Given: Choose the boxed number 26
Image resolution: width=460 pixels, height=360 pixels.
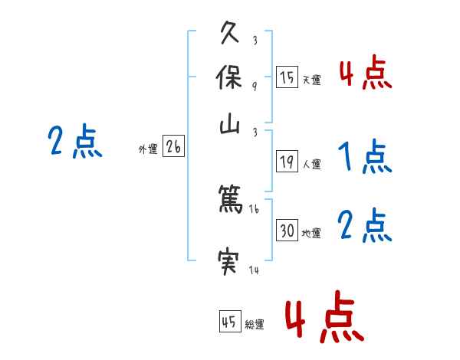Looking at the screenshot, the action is [x=173, y=147].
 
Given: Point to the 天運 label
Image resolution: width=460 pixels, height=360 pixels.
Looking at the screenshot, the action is [x=311, y=80].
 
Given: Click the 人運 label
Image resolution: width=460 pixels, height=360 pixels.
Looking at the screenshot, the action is [x=311, y=164].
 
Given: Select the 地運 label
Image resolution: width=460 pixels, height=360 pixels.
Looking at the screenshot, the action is [x=311, y=233].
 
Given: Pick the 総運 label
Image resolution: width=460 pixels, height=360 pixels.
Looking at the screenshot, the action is [x=255, y=325].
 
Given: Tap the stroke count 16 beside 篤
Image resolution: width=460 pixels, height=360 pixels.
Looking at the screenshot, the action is [x=255, y=208].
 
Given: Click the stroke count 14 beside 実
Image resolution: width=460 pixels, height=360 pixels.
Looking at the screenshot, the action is [x=254, y=270].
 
